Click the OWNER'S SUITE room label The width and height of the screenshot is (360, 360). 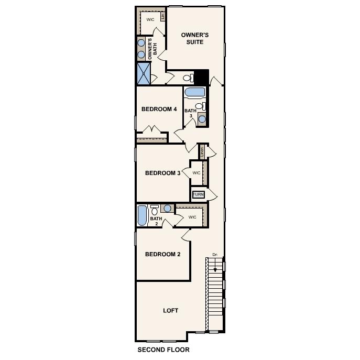tap(195, 38)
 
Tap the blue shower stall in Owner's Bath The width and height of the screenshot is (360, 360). tap(143, 73)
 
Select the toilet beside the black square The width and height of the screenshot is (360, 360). tap(188, 78)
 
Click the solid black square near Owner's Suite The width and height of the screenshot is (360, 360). tap(202, 77)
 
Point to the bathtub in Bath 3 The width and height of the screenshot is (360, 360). tap(195, 93)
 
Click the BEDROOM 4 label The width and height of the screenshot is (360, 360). tap(159, 110)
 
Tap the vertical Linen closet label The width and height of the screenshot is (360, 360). tap(202, 152)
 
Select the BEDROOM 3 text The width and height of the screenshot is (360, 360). tap(162, 173)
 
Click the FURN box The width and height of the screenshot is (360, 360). tap(198, 194)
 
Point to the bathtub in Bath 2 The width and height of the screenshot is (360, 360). tap(142, 215)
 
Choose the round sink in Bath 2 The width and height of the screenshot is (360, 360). tap(167, 208)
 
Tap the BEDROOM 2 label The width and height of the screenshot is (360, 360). tap(162, 254)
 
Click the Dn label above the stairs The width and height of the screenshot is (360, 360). tap(214, 255)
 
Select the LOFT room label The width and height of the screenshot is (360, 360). tap(170, 310)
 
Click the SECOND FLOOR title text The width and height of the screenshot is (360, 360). tap(163, 349)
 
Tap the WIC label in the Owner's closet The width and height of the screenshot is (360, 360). tap(150, 19)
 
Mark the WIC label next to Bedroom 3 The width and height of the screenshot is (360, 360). tap(197, 172)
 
